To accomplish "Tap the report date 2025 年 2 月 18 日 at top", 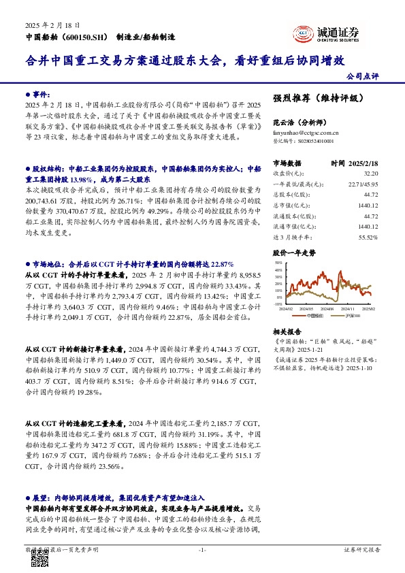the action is tap(48, 24).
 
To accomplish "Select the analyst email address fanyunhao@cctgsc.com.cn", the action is tap(306, 133).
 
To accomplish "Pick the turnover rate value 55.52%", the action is tap(368, 238).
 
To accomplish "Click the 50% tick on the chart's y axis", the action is tap(278, 262).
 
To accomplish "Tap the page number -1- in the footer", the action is tap(201, 549).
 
